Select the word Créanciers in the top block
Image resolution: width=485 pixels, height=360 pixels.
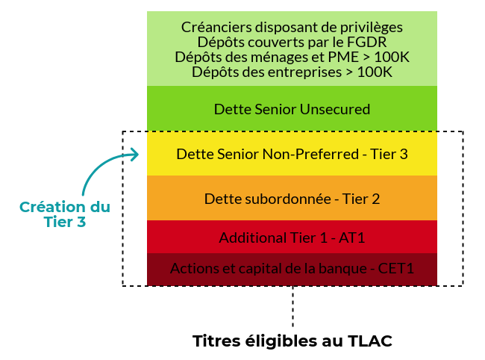point(216,27)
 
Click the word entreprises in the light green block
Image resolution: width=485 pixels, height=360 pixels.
point(304,72)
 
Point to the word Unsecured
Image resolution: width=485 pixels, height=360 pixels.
point(335,109)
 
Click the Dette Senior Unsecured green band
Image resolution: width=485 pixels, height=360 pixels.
point(292,108)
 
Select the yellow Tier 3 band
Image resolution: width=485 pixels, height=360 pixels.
point(292,154)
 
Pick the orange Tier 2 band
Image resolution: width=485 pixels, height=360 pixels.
point(292,198)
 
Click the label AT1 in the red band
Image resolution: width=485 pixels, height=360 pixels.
point(352,238)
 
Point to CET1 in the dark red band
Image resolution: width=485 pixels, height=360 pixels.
point(396,268)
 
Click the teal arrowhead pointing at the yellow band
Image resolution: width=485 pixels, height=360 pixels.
point(134,155)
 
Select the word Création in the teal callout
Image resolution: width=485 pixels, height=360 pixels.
point(52,207)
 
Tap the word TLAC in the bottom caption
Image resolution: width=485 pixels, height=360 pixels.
point(370,341)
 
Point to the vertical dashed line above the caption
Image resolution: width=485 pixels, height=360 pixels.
point(292,306)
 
